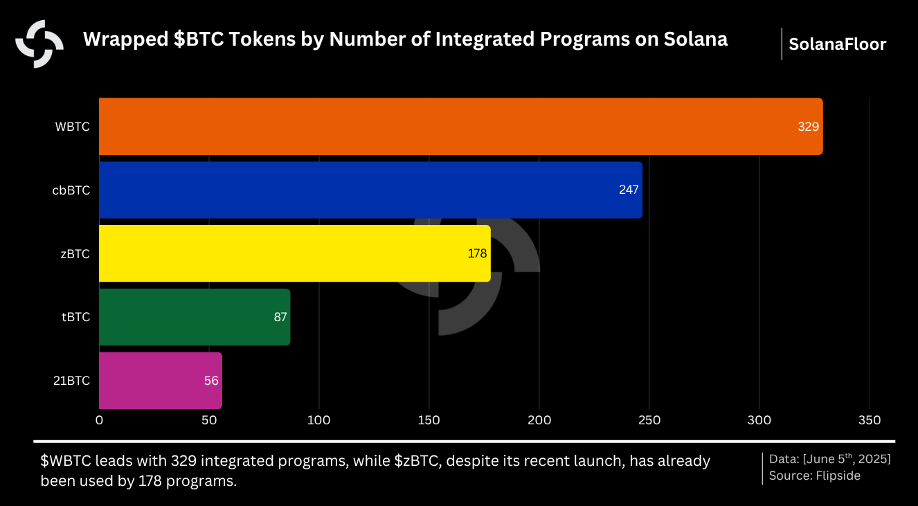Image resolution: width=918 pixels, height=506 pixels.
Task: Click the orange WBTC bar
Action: coord(460,126)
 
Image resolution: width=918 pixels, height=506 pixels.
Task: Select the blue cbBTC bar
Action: coord(370,190)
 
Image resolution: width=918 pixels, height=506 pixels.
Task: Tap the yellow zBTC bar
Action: coord(294,253)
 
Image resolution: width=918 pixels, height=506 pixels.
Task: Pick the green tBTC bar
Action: coord(194,317)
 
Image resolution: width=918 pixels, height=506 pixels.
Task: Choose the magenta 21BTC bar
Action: coord(160,381)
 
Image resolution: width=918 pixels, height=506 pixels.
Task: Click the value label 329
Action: coord(808,127)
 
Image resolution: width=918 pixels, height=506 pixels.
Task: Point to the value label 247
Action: coord(629,190)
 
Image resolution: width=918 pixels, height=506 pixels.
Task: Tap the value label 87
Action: coord(280,317)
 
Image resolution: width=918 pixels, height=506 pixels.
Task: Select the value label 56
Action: coord(212,381)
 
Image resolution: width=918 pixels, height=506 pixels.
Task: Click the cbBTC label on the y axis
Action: coord(71,190)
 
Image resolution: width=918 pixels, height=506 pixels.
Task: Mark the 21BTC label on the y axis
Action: coord(71,381)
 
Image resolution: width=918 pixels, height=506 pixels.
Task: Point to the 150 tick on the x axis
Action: coord(429,420)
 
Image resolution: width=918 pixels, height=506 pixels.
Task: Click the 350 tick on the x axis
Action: coord(869,420)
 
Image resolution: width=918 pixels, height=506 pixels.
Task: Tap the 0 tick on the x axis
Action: coord(99,420)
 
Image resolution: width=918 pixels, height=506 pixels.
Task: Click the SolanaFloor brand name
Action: coord(837,45)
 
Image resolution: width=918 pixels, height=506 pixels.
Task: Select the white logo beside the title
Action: coord(39,44)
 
